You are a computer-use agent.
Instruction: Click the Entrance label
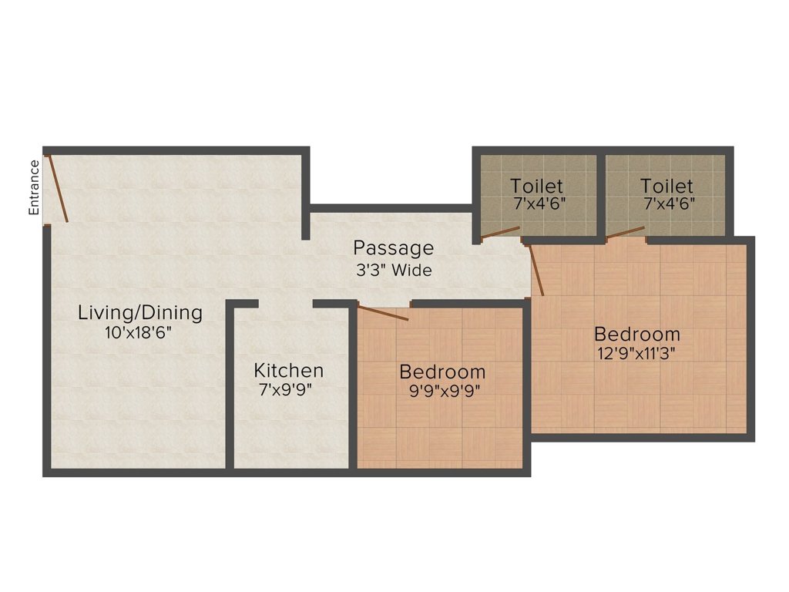pyautogui.click(x=34, y=187)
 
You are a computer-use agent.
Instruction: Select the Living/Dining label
pyautogui.click(x=140, y=313)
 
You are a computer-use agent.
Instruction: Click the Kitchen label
pyautogui.click(x=289, y=370)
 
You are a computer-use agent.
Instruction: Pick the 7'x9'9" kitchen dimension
pyautogui.click(x=289, y=389)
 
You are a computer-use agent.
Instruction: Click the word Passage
pyautogui.click(x=393, y=248)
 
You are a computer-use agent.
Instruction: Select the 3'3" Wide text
pyautogui.click(x=393, y=271)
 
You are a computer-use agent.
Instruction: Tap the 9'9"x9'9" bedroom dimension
pyautogui.click(x=442, y=390)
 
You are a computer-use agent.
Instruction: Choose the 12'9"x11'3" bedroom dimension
pyautogui.click(x=636, y=354)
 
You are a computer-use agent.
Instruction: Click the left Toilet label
pyautogui.click(x=536, y=186)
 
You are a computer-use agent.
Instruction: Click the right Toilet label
pyautogui.click(x=666, y=186)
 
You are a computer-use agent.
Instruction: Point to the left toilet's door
pyautogui.click(x=500, y=233)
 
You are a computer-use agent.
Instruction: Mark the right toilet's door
pyautogui.click(x=626, y=232)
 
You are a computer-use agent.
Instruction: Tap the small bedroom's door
pyautogui.click(x=383, y=312)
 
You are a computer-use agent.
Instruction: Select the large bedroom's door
pyautogui.click(x=537, y=270)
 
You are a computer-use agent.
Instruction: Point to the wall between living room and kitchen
pyautogui.click(x=230, y=385)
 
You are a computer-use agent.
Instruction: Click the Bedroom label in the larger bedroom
pyautogui.click(x=636, y=335)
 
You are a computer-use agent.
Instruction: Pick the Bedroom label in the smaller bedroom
pyautogui.click(x=442, y=372)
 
